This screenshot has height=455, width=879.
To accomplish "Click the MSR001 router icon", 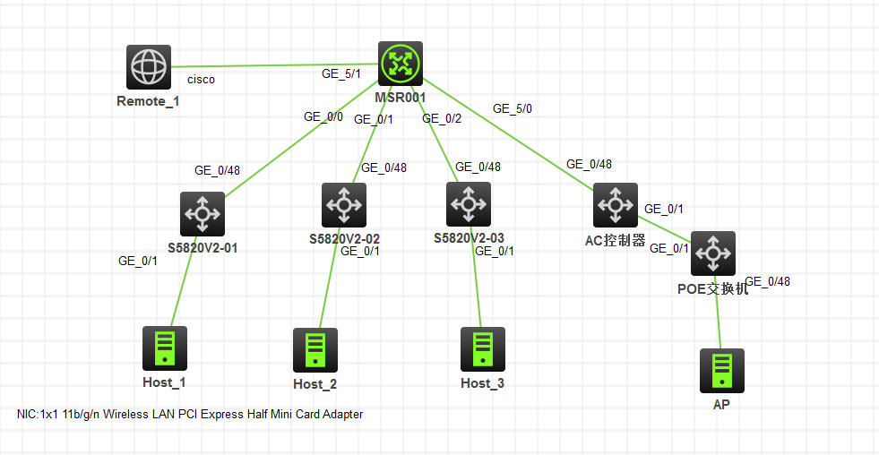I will [400, 64].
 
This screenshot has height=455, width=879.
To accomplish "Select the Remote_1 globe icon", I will [148, 67].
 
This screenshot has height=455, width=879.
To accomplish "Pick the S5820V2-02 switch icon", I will [344, 205].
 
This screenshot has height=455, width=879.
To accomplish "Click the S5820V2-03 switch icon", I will [469, 204].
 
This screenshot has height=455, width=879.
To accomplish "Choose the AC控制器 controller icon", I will [616, 205].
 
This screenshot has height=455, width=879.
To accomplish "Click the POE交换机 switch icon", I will [713, 253].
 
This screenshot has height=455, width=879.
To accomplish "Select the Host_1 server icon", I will [165, 348].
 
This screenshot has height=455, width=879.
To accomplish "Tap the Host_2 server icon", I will [315, 349].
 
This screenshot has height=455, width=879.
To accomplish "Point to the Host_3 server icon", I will [483, 348].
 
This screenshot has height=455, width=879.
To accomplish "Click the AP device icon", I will [722, 371].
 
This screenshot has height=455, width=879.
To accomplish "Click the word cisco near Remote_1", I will [202, 80].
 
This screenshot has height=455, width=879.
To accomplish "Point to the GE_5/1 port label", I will [341, 73].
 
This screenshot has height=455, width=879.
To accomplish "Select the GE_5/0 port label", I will [512, 108].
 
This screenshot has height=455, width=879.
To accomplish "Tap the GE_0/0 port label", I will [323, 116].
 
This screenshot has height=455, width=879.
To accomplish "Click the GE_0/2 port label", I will [442, 118].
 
